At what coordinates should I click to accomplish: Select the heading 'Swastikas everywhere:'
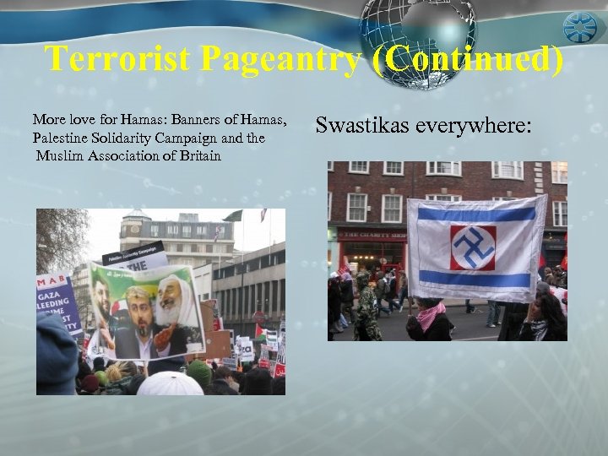(424, 126)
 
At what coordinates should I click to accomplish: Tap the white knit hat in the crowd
(171, 383)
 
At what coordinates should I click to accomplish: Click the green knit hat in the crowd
(199, 372)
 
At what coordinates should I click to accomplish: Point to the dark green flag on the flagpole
(234, 216)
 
